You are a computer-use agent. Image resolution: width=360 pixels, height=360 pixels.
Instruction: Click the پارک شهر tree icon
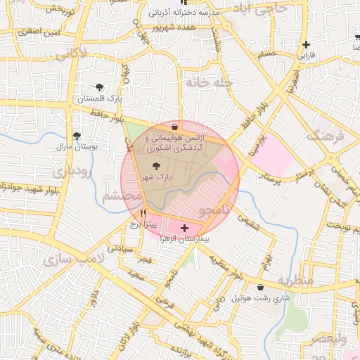tap(155, 165)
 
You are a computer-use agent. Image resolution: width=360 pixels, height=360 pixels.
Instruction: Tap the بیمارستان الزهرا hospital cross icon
tap(185, 228)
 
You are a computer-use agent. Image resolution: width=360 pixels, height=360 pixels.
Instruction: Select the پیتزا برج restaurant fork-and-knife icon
tap(143, 212)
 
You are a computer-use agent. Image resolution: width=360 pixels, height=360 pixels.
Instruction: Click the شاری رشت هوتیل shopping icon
tap(261, 288)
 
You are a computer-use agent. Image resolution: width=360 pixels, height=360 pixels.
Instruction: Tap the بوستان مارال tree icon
tap(77, 136)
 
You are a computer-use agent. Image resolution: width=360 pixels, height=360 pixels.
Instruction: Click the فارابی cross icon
tap(306, 45)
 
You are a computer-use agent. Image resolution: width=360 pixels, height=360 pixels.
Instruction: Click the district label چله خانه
tap(207, 82)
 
